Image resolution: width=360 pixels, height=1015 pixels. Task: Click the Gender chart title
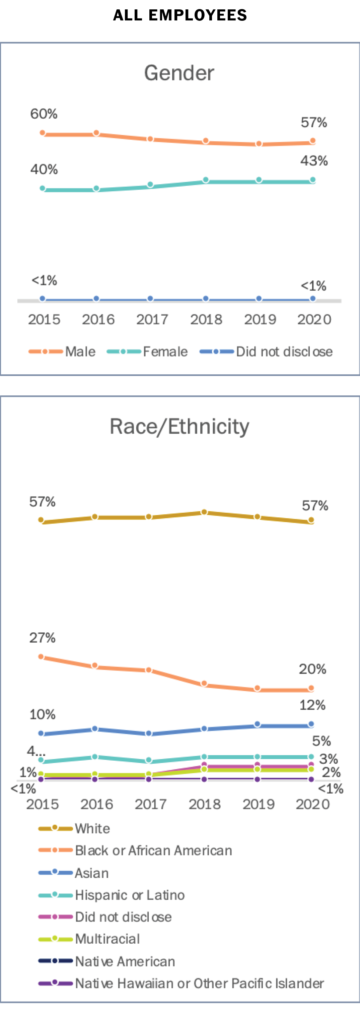pyautogui.click(x=179, y=73)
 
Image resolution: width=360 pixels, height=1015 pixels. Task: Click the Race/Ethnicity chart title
pyautogui.click(x=179, y=427)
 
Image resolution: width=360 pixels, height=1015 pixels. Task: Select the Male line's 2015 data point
pyautogui.click(x=43, y=133)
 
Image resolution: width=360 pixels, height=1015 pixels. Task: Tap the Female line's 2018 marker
pyautogui.click(x=206, y=180)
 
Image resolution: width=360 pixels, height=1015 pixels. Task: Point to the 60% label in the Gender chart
pyautogui.click(x=44, y=114)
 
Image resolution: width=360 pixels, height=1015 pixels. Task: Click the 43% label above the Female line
pyautogui.click(x=314, y=161)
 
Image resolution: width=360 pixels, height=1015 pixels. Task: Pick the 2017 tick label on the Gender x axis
pyautogui.click(x=152, y=319)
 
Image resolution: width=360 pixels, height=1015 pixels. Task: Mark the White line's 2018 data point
pyautogui.click(x=204, y=512)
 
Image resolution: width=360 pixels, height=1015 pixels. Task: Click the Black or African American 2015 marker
pyautogui.click(x=41, y=656)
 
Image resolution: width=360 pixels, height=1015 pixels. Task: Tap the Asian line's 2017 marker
pyautogui.click(x=148, y=733)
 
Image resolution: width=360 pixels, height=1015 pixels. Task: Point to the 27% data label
pyautogui.click(x=42, y=638)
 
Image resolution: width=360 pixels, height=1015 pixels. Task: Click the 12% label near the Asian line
pyautogui.click(x=312, y=705)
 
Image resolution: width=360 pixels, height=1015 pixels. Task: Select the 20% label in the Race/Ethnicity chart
pyautogui.click(x=312, y=669)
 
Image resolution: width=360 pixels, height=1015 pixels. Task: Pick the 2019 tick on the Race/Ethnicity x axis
pyautogui.click(x=259, y=804)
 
